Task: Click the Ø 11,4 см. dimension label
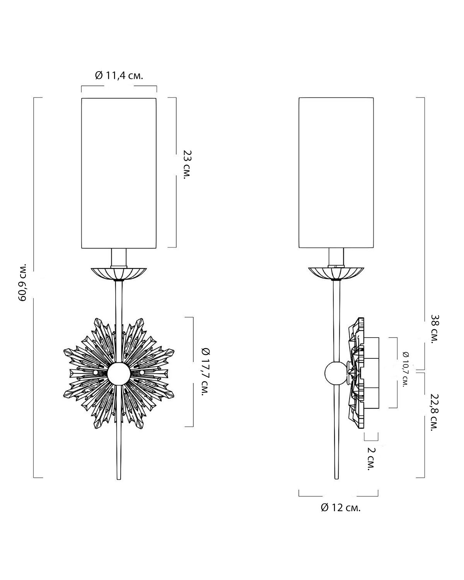[x=119, y=76]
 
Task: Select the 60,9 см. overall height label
[x=22, y=282]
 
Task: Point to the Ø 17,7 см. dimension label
[x=206, y=372]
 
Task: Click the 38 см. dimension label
[x=435, y=329]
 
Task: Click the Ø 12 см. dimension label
[x=341, y=507]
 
